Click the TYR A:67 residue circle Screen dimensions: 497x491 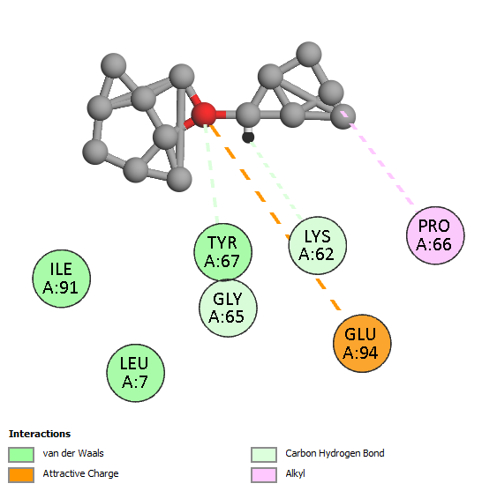click(222, 252)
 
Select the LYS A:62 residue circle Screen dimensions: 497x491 click(317, 245)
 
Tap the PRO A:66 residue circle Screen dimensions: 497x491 click(435, 235)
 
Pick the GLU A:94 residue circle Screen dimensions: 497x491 click(362, 343)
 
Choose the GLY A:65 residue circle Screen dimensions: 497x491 click(228, 308)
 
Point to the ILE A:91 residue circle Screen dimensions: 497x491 click(62, 279)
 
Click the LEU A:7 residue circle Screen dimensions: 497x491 click(136, 373)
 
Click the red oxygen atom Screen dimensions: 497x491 click(204, 115)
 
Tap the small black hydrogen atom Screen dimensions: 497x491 click(248, 138)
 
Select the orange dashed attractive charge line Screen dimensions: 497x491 click(275, 217)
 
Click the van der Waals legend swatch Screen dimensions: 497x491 click(21, 455)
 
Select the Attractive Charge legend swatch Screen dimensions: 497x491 click(21, 475)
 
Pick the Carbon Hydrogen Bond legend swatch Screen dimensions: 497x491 click(264, 455)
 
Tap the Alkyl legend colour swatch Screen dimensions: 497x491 click(264, 475)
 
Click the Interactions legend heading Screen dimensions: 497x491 click(40, 434)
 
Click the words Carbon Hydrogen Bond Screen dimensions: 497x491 click(335, 453)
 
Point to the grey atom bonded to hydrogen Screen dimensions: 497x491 click(248, 115)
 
